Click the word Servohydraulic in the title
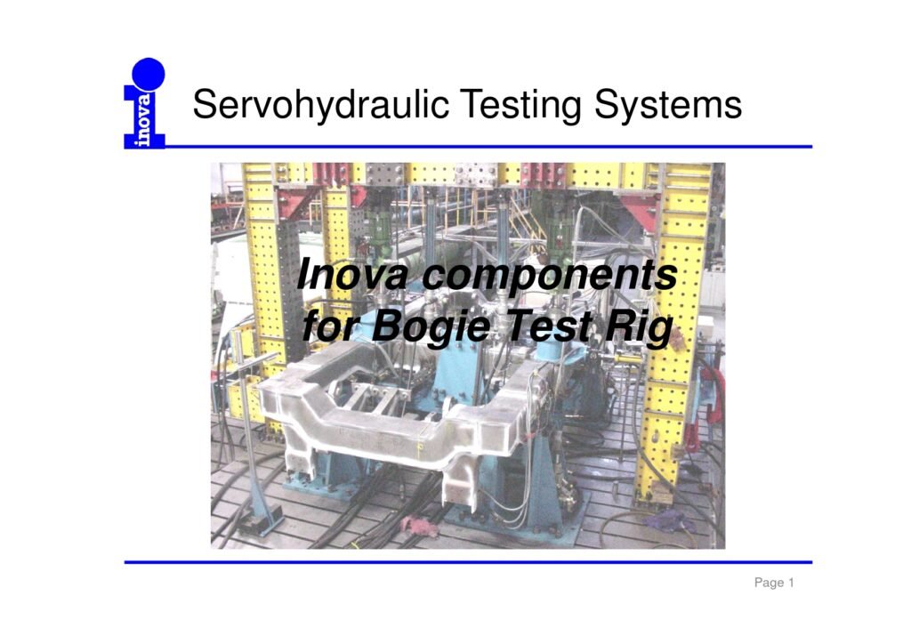tap(320, 105)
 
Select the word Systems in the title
tap(667, 105)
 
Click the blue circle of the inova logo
tap(149, 75)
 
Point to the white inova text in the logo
tap(142, 119)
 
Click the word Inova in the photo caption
tap(351, 274)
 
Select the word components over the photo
tap(550, 276)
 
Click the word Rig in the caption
tap(639, 327)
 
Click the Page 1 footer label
tap(774, 583)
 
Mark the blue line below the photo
tap(468, 562)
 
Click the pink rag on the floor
tap(419, 526)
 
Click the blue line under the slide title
tap(468, 147)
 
